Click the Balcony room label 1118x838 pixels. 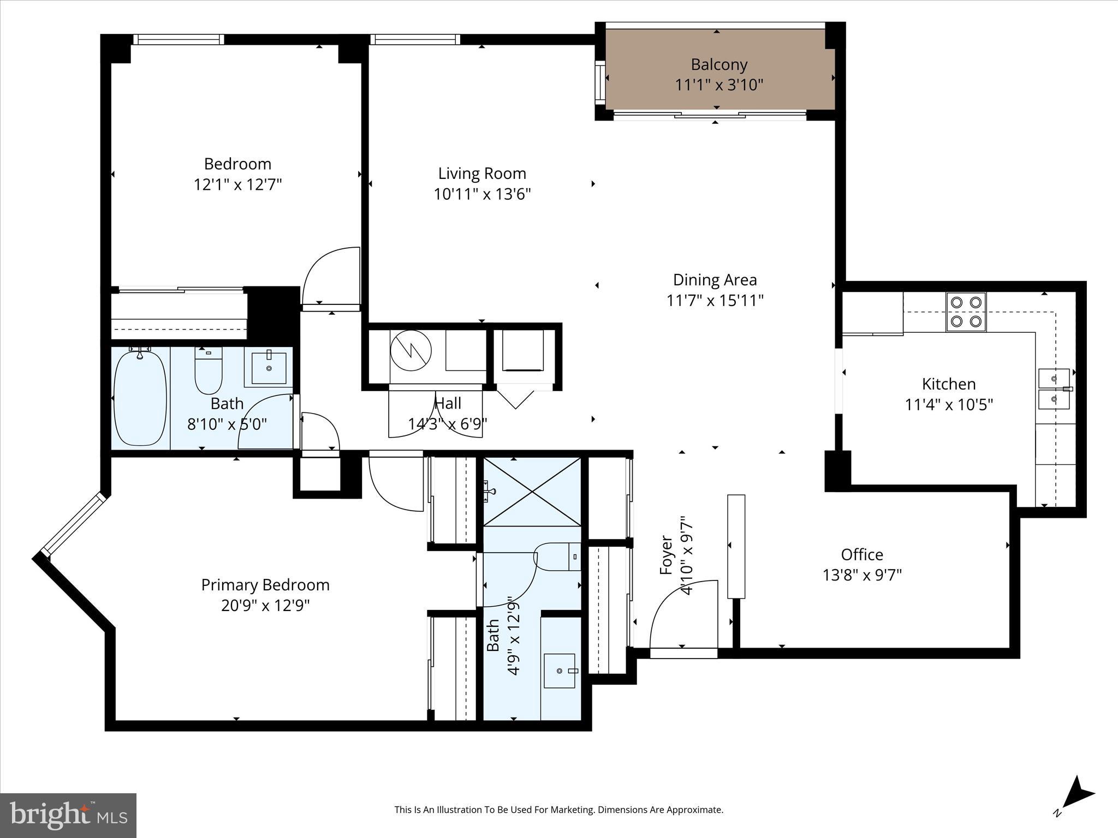[x=718, y=65]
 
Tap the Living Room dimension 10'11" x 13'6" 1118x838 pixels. [x=482, y=194]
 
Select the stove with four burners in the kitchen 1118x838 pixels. [x=966, y=312]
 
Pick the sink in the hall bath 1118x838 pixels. [x=269, y=368]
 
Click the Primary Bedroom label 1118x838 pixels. [x=265, y=585]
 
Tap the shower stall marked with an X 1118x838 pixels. [x=532, y=492]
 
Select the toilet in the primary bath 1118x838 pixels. [x=557, y=556]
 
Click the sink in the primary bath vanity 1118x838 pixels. [x=560, y=671]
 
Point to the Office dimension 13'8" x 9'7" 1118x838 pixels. [x=862, y=575]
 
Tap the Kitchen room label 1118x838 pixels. [x=949, y=384]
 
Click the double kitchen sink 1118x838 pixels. [x=1054, y=388]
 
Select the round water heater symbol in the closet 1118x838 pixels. [x=411, y=351]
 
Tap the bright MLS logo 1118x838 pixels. [x=68, y=815]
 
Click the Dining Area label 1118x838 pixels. [x=715, y=280]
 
